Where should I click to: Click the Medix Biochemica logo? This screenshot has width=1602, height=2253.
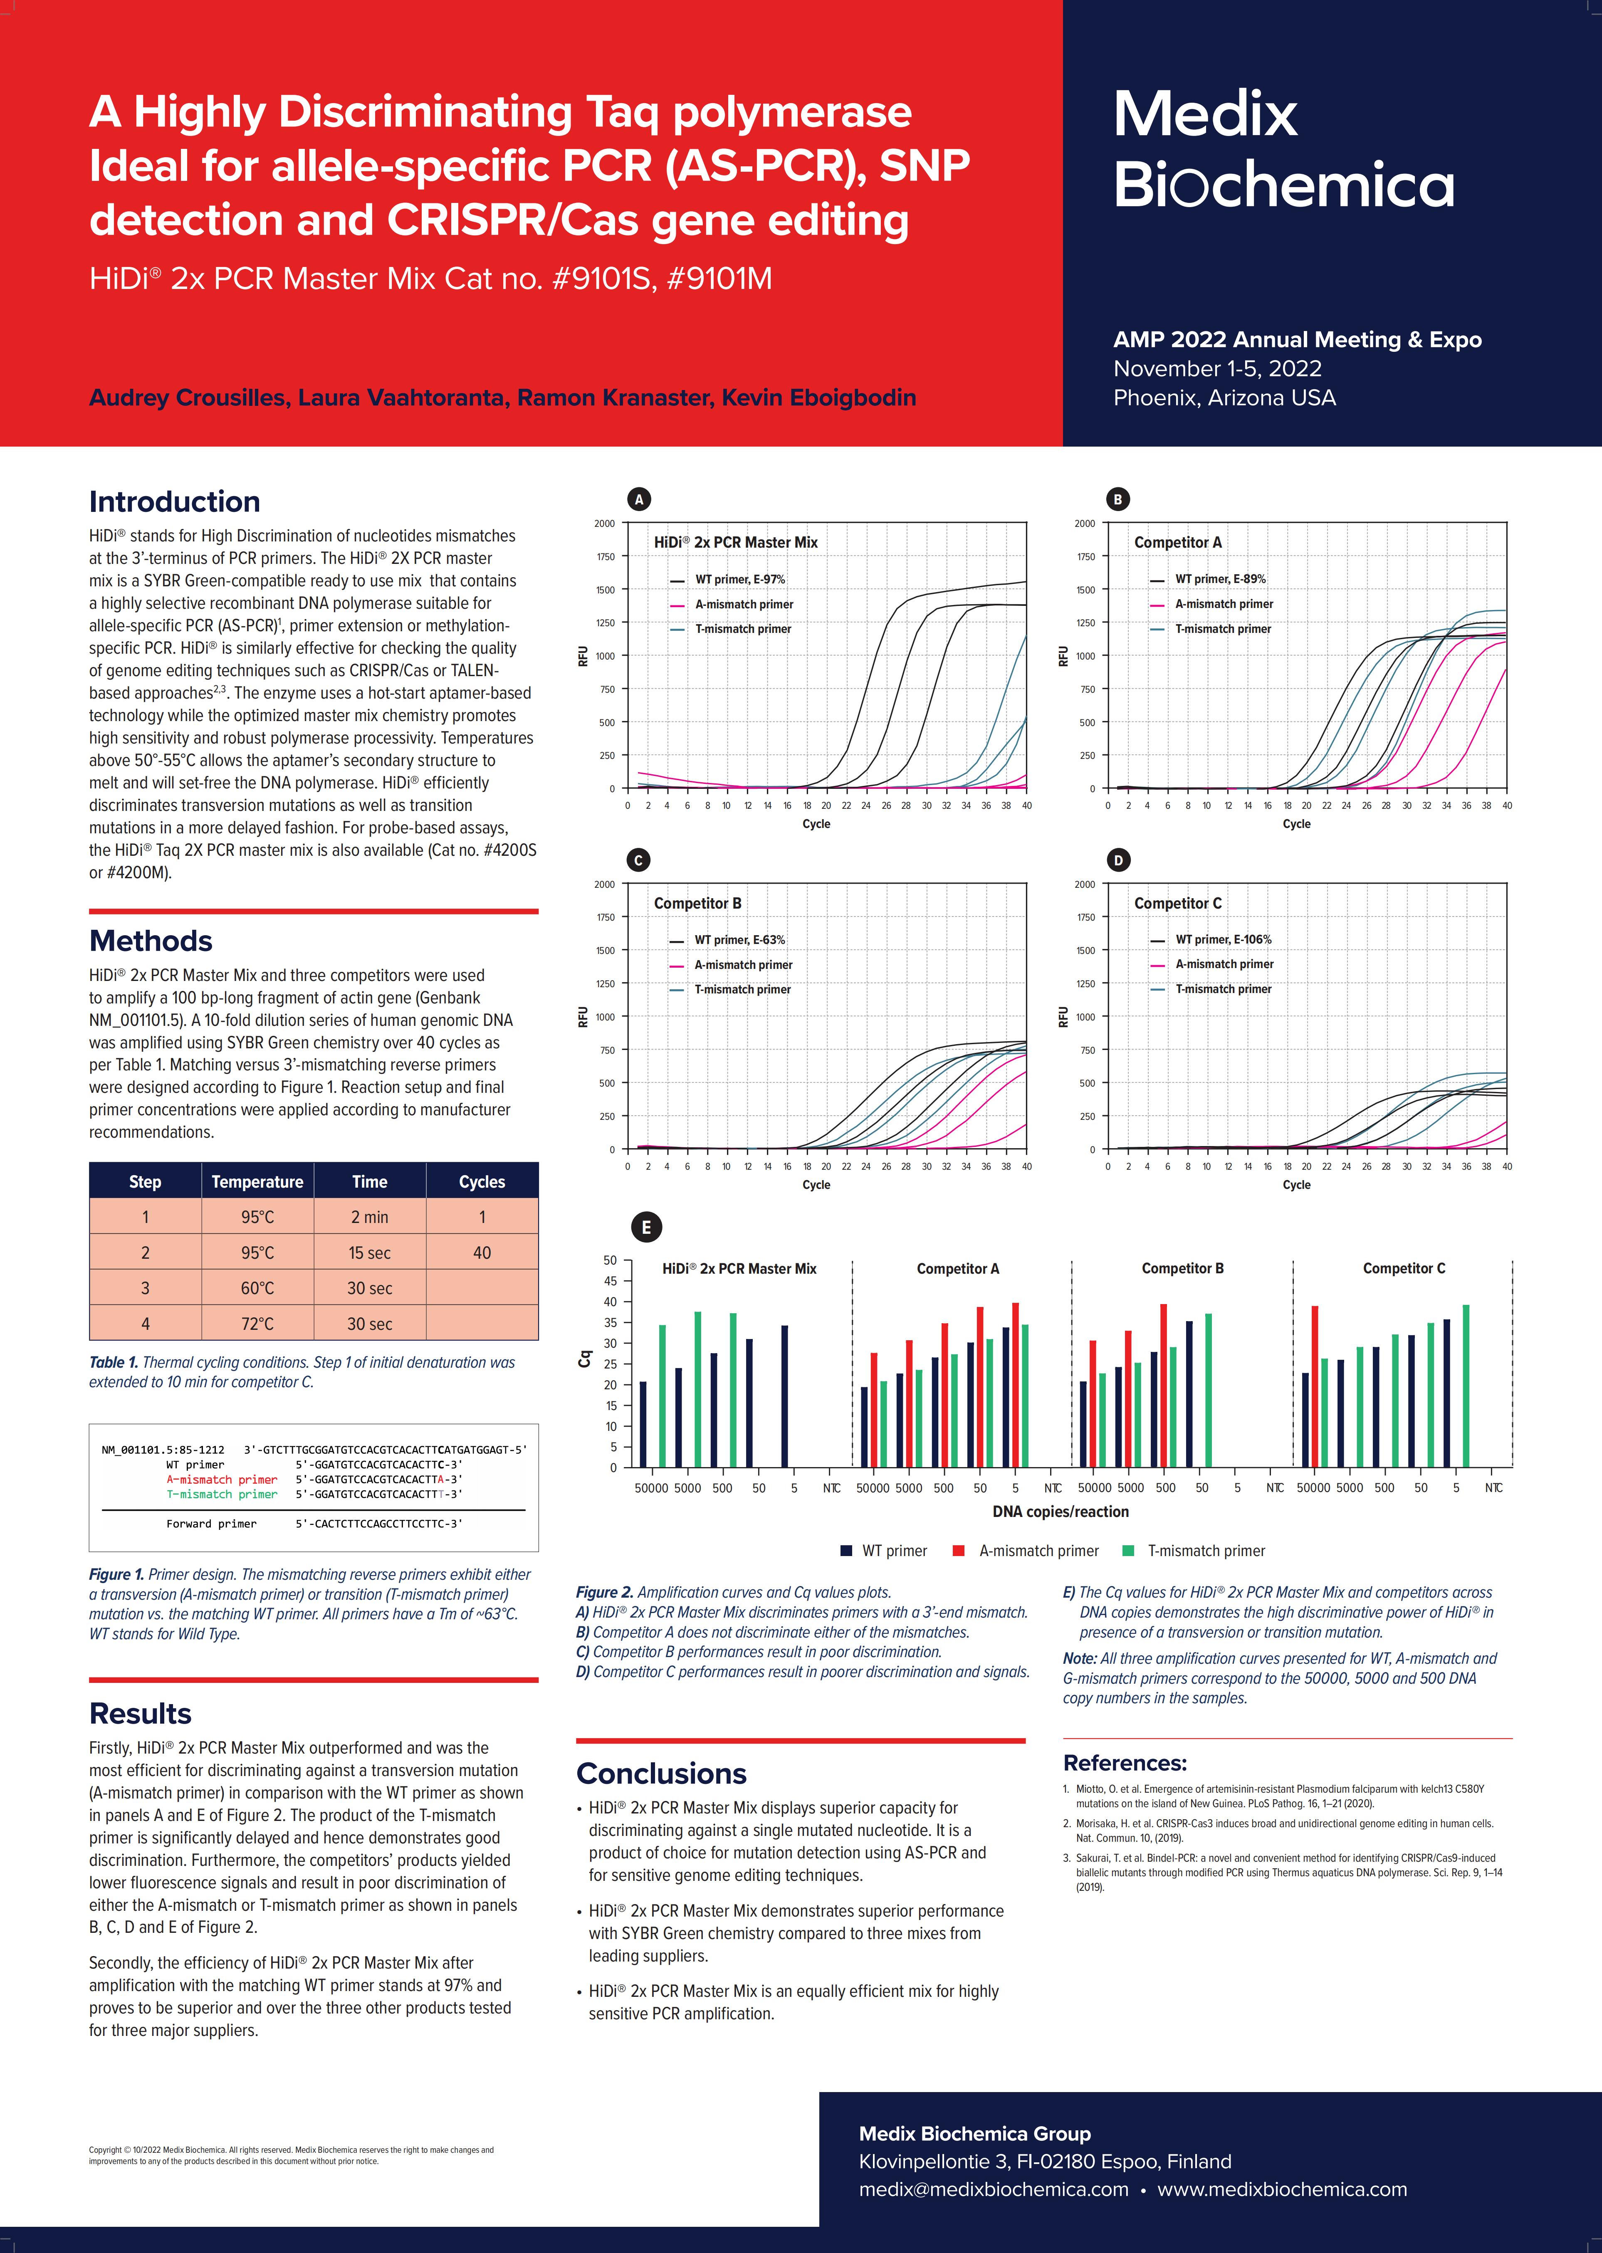[1282, 150]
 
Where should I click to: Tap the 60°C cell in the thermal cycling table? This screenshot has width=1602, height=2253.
[257, 1288]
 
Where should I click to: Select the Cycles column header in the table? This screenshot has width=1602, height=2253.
[481, 1182]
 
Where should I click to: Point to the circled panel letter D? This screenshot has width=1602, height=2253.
[1117, 860]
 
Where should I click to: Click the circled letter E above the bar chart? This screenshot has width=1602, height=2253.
[646, 1227]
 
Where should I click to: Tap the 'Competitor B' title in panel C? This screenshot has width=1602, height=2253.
[697, 904]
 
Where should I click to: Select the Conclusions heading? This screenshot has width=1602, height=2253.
[661, 1774]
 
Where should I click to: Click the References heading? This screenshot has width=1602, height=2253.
[1125, 1763]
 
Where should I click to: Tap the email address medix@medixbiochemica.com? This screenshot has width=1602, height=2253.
[994, 2189]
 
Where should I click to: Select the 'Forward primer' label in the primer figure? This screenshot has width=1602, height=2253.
[211, 1524]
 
